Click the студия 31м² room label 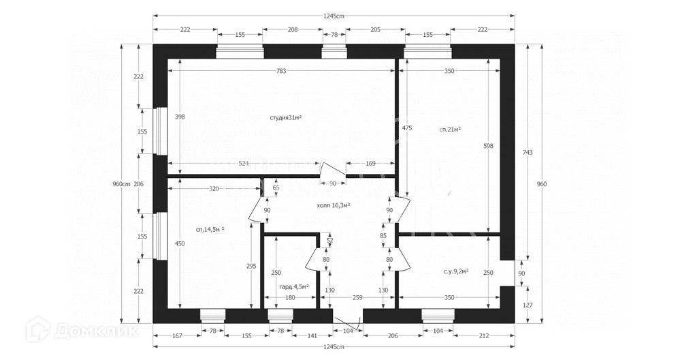pos(285,118)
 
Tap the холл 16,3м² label pos(334,205)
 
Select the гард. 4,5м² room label pos(294,287)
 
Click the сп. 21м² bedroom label pos(450,128)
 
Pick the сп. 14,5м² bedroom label pos(210,229)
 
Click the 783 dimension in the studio pos(280,71)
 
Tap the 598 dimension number pos(488,146)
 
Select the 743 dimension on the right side pos(528,151)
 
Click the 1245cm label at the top pos(334,16)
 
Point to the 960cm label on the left pos(121,184)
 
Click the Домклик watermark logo pos(81,332)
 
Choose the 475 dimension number pos(406,127)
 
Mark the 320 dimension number pos(214,189)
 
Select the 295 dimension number pos(251,267)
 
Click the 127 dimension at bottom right pos(528,305)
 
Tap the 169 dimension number pos(370,164)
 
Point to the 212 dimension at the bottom pos(484,335)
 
